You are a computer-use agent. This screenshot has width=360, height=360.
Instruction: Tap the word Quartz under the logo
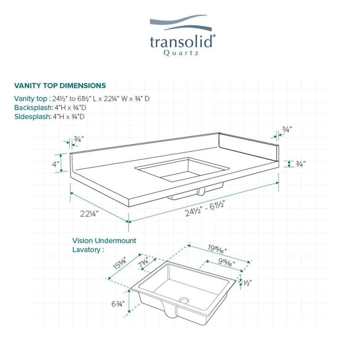pos(181,53)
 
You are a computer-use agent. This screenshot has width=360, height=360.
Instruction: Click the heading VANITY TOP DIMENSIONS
pos(60,85)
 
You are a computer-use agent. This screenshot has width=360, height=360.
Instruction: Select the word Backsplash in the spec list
pos(33,108)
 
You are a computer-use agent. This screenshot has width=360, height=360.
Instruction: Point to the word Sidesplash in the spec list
pos(32,117)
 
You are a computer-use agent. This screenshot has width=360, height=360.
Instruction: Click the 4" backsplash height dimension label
pos(56,164)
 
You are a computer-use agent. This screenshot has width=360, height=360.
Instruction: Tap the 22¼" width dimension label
pos(89,214)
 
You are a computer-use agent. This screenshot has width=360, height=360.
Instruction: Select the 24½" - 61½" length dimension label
pos(205,208)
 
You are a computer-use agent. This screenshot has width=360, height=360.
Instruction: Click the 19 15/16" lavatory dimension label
pos(217,249)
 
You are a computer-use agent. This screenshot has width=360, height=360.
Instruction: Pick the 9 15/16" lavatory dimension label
pos(226,263)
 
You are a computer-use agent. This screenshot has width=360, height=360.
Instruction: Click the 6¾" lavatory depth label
pos(118,304)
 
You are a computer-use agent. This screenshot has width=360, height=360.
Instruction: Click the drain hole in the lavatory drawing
pos(184,300)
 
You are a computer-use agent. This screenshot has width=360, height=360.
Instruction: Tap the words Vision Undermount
pos(104,241)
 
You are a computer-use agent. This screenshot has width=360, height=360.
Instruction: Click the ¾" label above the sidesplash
pos(287,130)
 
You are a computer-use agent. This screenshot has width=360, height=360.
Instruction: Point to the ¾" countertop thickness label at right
pos(301,164)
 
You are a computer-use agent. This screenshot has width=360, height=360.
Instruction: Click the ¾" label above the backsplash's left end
pos(79,139)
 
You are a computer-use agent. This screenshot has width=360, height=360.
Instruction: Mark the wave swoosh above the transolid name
pos(181,22)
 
